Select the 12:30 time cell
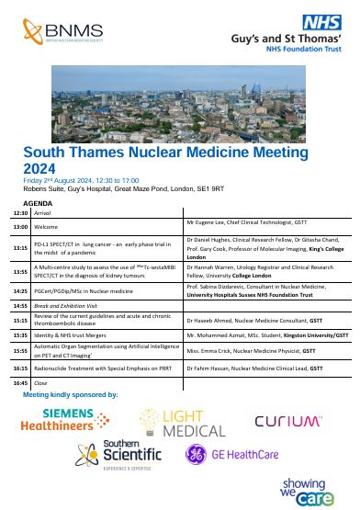click(x=20, y=212)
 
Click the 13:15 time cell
click(x=20, y=248)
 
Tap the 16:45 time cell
click(x=20, y=381)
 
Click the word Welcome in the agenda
click(x=46, y=225)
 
